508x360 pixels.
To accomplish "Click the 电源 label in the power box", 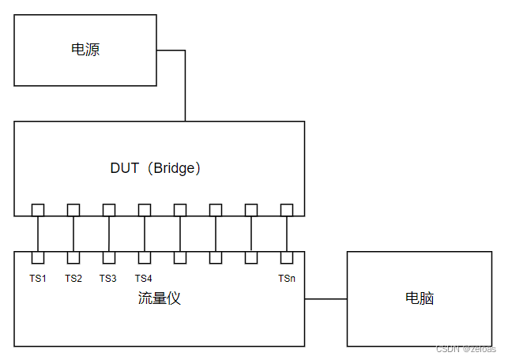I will [x=85, y=51].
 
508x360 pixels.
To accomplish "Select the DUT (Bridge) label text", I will [x=156, y=168].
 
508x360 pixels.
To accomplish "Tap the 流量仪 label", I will [x=159, y=298].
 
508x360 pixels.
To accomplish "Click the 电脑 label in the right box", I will [x=420, y=298].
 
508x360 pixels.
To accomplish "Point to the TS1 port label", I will [x=38, y=278].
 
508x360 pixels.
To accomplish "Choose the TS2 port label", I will [x=73, y=278].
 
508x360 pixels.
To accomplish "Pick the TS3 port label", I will [x=108, y=278].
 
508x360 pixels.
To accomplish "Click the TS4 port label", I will [x=143, y=278].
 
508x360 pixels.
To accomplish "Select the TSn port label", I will [x=287, y=278].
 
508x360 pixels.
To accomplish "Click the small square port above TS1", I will [x=38, y=257].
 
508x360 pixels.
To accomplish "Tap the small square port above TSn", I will [x=287, y=257].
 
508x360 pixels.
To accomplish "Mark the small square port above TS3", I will [x=109, y=257].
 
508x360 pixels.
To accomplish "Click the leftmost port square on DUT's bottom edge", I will [x=38, y=209].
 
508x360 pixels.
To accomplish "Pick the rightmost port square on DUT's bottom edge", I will [x=287, y=209].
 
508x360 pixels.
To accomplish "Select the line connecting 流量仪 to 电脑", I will [x=325, y=299].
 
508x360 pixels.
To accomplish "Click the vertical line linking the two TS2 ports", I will [x=73, y=234].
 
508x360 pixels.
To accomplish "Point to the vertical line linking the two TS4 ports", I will [x=145, y=234].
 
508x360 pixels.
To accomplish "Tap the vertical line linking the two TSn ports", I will [x=287, y=234].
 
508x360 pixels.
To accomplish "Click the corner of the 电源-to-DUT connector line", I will [x=185, y=51].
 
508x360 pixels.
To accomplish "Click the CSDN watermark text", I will [x=465, y=348].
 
